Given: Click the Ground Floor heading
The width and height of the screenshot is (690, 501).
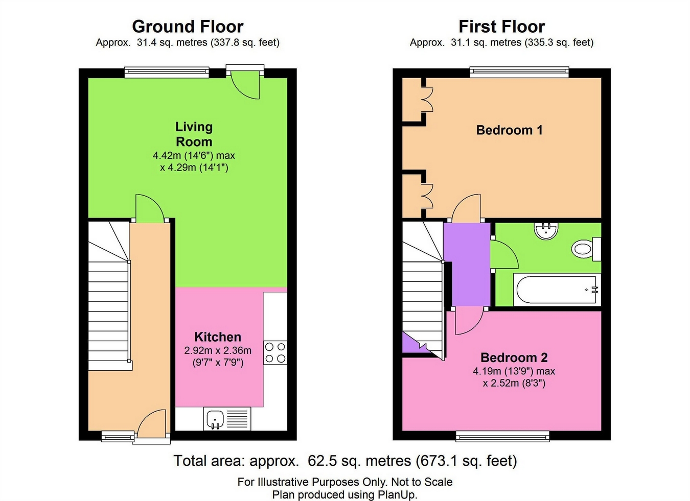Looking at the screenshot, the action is (x=188, y=27).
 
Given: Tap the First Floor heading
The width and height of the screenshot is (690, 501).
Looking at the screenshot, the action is (x=502, y=27).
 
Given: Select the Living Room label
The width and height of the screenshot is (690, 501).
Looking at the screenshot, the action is (x=194, y=134).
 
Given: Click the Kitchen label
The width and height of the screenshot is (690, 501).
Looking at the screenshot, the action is (x=218, y=337).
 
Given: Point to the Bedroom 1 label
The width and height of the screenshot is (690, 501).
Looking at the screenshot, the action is (x=510, y=130).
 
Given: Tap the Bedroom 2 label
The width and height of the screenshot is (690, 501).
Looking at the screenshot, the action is (x=514, y=357).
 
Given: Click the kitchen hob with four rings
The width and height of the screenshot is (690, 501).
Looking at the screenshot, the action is (x=275, y=353).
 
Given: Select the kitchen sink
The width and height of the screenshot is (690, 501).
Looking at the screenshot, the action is (x=227, y=419).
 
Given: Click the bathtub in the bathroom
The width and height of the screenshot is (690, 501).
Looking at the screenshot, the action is (x=557, y=290).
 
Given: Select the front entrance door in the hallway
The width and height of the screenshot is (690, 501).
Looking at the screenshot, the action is (x=152, y=423).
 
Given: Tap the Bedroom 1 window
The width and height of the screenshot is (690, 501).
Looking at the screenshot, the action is (x=519, y=73).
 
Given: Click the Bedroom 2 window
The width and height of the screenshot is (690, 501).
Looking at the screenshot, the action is (x=502, y=436).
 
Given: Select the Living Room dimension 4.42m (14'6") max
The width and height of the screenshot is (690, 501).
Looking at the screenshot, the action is (x=194, y=156).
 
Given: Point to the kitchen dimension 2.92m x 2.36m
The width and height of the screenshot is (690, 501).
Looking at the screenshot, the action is (x=218, y=350).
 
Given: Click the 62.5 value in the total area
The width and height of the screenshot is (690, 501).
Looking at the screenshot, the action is (x=319, y=461).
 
